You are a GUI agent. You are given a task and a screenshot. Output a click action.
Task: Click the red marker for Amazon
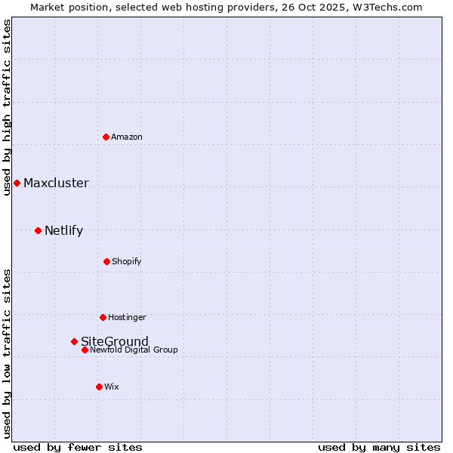[106, 137]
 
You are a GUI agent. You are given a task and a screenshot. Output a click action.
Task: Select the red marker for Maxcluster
[17, 183]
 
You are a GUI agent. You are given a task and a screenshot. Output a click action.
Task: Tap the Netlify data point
[38, 230]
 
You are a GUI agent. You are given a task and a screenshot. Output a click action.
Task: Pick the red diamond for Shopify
[106, 261]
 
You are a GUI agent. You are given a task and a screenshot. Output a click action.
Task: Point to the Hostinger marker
[103, 317]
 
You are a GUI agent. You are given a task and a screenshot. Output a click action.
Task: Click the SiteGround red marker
[74, 341]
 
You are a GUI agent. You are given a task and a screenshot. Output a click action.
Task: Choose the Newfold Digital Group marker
[85, 350]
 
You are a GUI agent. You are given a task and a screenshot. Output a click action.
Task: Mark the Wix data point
[99, 387]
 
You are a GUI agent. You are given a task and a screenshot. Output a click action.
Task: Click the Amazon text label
[127, 137]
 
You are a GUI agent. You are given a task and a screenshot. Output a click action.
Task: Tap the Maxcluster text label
[56, 183]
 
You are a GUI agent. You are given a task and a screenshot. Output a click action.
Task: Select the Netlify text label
[63, 230]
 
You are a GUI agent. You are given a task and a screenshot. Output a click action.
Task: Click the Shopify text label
[127, 261]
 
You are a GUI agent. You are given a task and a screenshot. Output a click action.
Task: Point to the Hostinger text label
[127, 317]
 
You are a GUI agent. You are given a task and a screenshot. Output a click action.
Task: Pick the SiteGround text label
[115, 341]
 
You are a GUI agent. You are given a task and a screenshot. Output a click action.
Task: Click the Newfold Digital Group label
[134, 350]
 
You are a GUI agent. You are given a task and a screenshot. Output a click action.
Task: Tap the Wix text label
[112, 387]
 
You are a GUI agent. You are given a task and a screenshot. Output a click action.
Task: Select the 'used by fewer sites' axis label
[78, 447]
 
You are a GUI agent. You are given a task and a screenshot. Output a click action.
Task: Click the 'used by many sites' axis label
[379, 447]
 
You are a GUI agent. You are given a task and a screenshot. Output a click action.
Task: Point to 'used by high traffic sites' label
[7, 107]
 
